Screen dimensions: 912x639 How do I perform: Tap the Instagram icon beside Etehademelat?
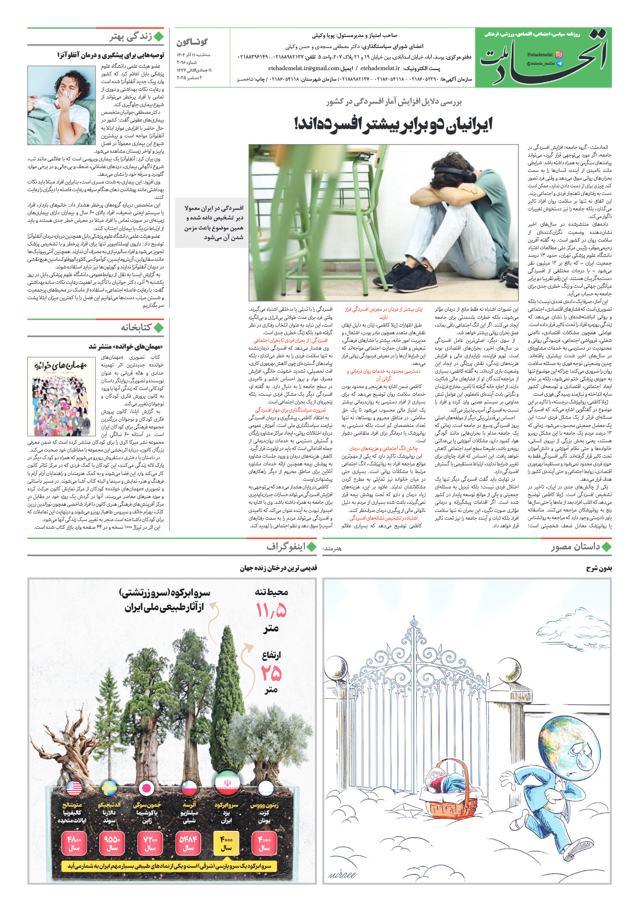tap(558, 55)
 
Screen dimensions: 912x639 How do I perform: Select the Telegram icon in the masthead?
tap(559, 63)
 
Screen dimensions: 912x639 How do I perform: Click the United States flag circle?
tap(74, 789)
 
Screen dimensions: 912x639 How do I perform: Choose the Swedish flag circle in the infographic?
tap(110, 789)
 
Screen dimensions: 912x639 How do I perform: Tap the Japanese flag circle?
tap(146, 789)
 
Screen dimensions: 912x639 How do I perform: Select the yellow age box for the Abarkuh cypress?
tap(226, 843)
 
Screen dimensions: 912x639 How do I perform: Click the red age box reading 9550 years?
tap(112, 843)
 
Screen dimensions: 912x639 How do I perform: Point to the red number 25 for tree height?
tap(271, 673)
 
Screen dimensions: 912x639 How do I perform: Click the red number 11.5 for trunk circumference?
tap(271, 611)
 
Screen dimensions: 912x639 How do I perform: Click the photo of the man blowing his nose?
tap(61, 105)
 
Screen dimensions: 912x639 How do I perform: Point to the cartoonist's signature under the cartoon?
tap(342, 874)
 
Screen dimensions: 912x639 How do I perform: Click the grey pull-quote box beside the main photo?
tap(212, 222)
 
